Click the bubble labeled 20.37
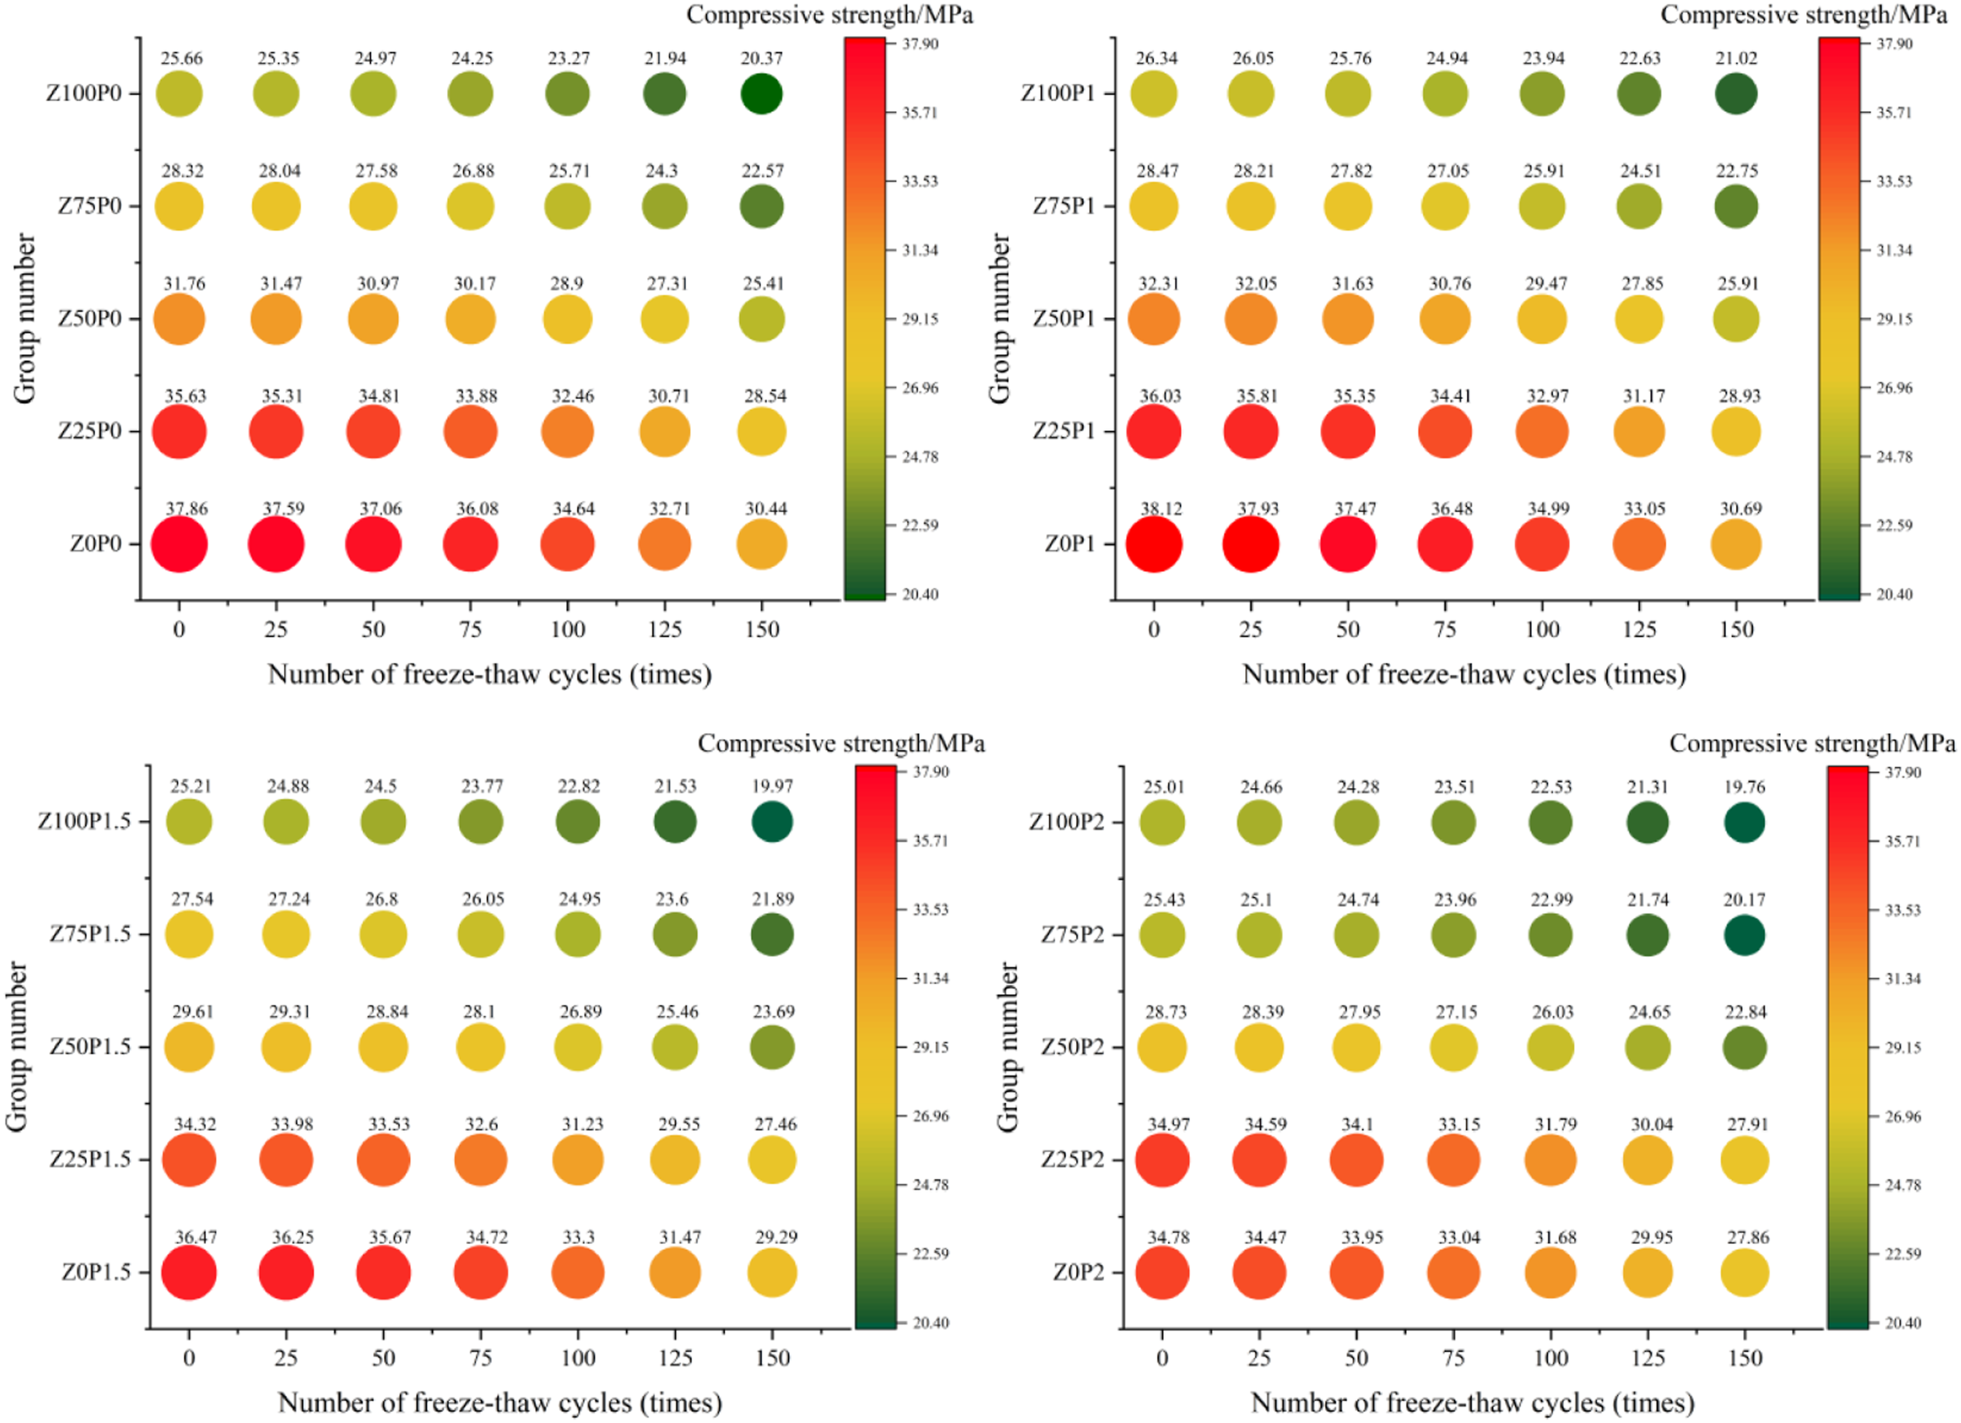762,94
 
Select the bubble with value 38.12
1153,544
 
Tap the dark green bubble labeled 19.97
772,822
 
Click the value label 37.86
187,509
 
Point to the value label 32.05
1254,284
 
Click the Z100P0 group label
84,94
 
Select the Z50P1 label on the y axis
1063,319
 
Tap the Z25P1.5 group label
90,1159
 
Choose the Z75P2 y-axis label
1073,935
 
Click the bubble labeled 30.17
470,319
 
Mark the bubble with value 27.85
1639,319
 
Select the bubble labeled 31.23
577,1160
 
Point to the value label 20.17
1745,900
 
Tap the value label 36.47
196,1237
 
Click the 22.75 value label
1737,171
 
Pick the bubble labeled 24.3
665,207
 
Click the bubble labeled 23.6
676,935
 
